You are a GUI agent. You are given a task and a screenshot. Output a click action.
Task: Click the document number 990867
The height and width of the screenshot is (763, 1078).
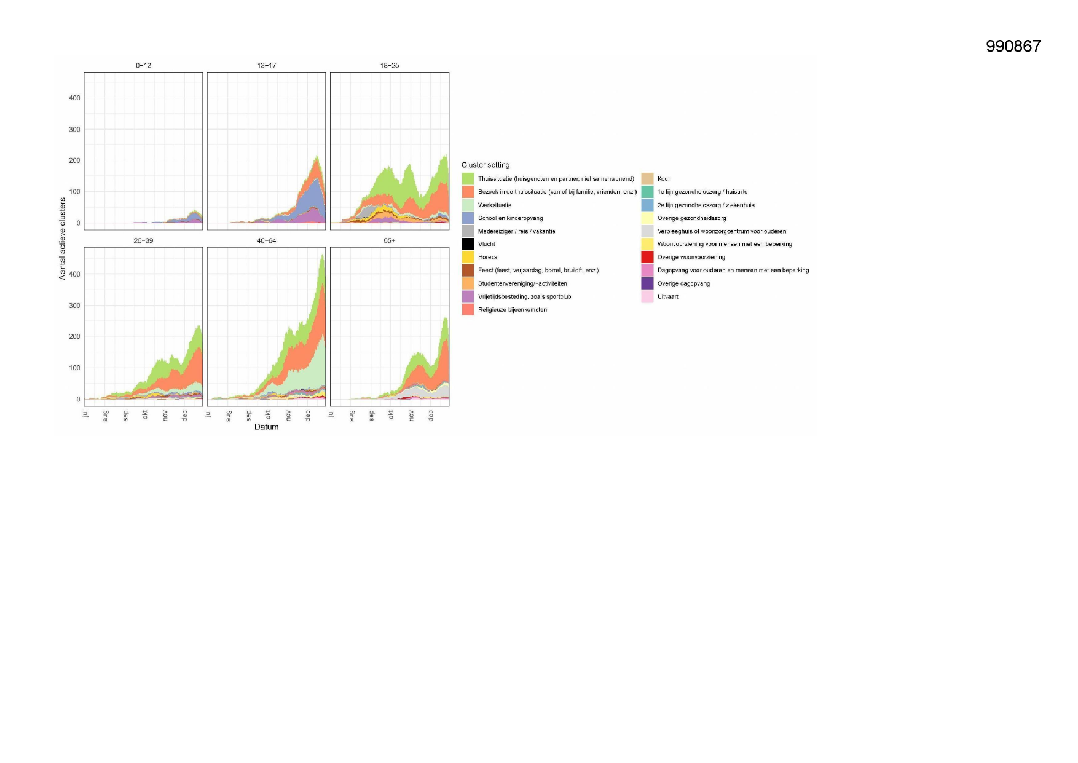pyautogui.click(x=1013, y=46)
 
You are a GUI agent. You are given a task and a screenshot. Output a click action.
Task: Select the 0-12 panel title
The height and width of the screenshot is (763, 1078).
pyautogui.click(x=143, y=65)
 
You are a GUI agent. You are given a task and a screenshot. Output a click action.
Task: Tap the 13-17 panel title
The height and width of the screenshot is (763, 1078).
pyautogui.click(x=266, y=65)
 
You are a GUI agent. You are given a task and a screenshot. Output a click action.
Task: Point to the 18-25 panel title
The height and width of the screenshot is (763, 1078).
pyautogui.click(x=390, y=65)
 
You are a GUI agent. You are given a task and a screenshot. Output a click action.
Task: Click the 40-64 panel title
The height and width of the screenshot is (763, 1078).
pyautogui.click(x=266, y=240)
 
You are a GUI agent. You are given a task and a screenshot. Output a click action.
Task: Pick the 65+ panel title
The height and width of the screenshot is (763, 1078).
pyautogui.click(x=390, y=240)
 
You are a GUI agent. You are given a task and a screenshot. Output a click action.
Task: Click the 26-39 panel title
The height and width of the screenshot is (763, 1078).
pyautogui.click(x=143, y=240)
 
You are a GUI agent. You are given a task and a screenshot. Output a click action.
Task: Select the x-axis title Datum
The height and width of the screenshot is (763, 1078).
pyautogui.click(x=266, y=427)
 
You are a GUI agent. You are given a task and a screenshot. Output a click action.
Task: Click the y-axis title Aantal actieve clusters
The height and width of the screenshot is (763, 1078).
pyautogui.click(x=62, y=239)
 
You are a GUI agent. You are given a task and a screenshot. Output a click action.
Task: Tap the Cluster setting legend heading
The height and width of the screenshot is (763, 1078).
pyautogui.click(x=486, y=165)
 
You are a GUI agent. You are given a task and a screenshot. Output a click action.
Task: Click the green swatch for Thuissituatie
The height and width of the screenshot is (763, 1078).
pyautogui.click(x=468, y=178)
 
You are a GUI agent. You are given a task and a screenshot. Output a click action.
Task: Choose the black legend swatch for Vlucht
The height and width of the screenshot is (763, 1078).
pyautogui.click(x=468, y=244)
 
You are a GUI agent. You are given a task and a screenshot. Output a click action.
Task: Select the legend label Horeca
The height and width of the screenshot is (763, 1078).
pyautogui.click(x=487, y=257)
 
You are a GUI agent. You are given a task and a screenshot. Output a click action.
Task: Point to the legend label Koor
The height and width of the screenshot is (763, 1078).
pyautogui.click(x=664, y=179)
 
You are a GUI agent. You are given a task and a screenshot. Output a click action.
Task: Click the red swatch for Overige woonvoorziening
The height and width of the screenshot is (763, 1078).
pyautogui.click(x=647, y=257)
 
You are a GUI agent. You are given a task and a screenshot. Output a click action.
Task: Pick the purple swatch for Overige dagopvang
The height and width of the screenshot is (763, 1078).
pyautogui.click(x=647, y=283)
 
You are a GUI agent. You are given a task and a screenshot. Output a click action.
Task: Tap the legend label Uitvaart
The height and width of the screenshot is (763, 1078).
pyautogui.click(x=668, y=296)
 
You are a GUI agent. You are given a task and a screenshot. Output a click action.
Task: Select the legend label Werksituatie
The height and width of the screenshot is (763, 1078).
pyautogui.click(x=495, y=205)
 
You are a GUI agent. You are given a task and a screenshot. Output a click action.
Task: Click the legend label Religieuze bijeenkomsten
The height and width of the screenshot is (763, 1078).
pyautogui.click(x=513, y=310)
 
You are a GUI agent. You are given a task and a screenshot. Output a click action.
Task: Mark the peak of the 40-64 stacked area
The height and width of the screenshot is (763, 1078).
pyautogui.click(x=323, y=254)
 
